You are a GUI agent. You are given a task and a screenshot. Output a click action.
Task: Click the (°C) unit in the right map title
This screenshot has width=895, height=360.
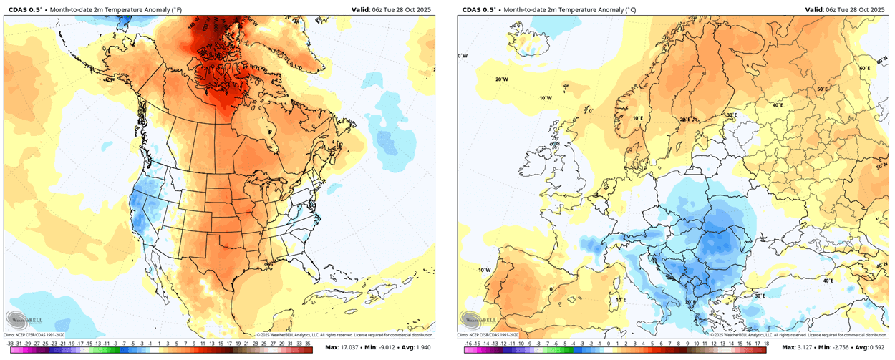[637, 9]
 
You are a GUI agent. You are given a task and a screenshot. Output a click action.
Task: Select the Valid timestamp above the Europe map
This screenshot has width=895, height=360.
[845, 9]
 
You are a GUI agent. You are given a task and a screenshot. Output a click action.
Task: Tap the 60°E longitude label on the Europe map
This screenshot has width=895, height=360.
[863, 68]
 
